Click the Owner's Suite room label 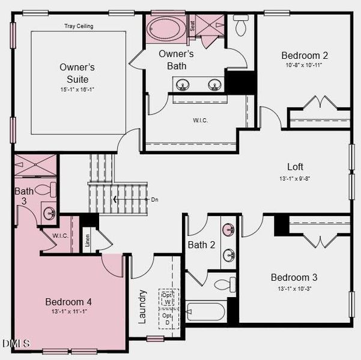click(77, 73)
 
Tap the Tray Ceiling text click(79, 26)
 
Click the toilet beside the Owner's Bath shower click(241, 25)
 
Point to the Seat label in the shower click(192, 26)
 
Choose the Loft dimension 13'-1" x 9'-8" click(294, 178)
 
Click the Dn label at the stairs click(154, 199)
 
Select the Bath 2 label click(201, 245)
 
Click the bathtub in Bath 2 click(205, 312)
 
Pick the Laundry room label click(142, 307)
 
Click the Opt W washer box click(168, 299)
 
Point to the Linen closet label click(88, 239)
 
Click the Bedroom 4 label click(68, 302)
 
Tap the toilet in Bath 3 click(44, 190)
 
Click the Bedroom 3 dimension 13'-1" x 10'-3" click(294, 288)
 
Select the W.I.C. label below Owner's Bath click(200, 121)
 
